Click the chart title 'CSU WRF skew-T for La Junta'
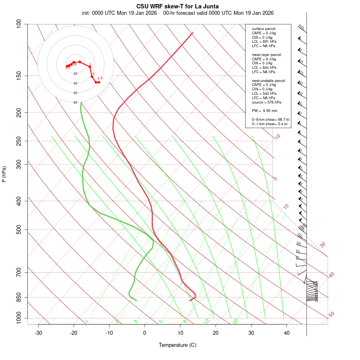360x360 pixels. click(178, 6)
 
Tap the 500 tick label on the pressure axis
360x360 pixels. click(19, 230)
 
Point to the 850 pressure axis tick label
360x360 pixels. click(19, 297)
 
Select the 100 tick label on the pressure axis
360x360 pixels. click(19, 24)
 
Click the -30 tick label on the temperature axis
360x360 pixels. click(38, 333)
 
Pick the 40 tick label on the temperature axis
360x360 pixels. click(287, 333)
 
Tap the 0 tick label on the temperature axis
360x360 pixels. click(145, 333)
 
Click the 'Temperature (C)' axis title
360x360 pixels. click(178, 345)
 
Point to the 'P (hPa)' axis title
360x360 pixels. click(4, 174)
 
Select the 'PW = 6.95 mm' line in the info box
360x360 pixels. click(264, 110)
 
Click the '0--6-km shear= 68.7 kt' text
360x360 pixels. click(270, 120)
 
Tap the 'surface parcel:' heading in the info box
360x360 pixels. click(264, 29)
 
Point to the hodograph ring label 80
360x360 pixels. click(76, 102)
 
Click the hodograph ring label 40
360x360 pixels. click(76, 83)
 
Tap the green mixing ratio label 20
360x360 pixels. click(236, 321)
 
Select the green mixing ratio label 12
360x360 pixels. click(207, 321)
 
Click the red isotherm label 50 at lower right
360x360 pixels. click(331, 315)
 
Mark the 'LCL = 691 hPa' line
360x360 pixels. click(264, 42)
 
